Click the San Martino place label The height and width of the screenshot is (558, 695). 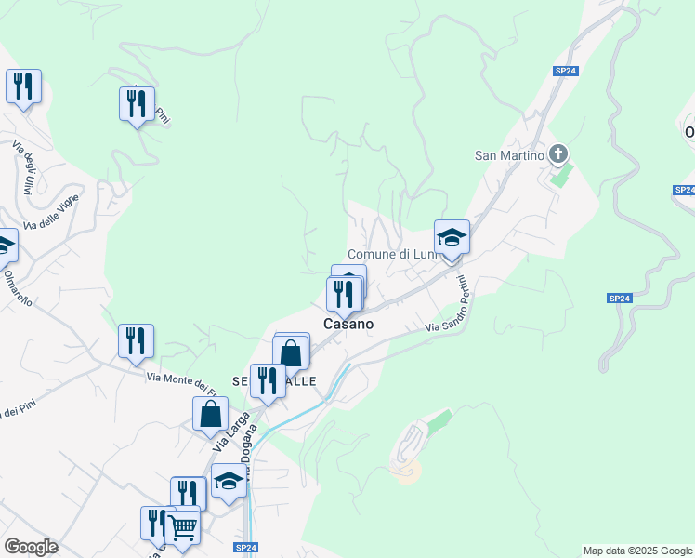[x=508, y=155]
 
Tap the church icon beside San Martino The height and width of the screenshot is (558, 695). [x=558, y=153]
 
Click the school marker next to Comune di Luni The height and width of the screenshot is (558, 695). [x=452, y=238]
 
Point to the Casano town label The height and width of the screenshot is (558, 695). [x=348, y=324]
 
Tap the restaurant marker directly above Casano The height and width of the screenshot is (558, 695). [x=345, y=295]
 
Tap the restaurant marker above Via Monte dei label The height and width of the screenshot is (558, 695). [x=136, y=341]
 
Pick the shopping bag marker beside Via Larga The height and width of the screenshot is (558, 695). [x=210, y=415]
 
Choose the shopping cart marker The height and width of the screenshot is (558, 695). [x=183, y=528]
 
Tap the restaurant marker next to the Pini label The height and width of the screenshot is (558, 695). [x=137, y=104]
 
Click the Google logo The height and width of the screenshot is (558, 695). [x=31, y=547]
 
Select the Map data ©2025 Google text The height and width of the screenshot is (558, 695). [x=637, y=551]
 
